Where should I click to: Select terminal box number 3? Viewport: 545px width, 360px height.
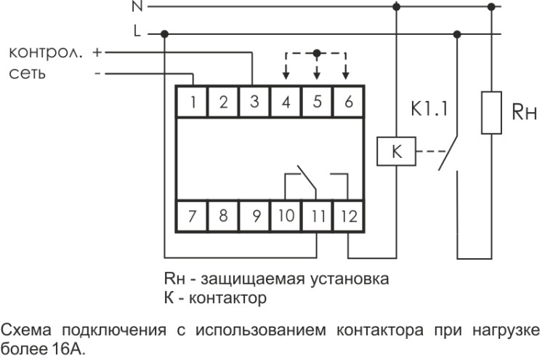click(x=254, y=101)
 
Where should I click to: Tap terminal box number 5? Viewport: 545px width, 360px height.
click(x=317, y=101)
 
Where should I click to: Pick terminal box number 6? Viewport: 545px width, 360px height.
click(x=348, y=101)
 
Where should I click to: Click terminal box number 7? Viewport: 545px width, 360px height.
click(x=193, y=215)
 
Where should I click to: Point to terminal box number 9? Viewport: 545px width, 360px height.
click(x=254, y=215)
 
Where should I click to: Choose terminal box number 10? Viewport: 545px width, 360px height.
click(x=286, y=215)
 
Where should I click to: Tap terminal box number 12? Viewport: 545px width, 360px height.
click(x=348, y=215)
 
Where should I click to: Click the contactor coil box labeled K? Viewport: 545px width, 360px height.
click(x=397, y=153)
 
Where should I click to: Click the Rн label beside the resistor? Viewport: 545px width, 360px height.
click(x=522, y=111)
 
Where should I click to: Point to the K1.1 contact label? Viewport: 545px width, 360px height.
click(x=429, y=111)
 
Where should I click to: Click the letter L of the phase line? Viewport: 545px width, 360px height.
click(x=137, y=33)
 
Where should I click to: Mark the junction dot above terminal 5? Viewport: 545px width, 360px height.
click(x=317, y=52)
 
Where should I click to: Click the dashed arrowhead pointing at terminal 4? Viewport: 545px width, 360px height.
click(x=286, y=76)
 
